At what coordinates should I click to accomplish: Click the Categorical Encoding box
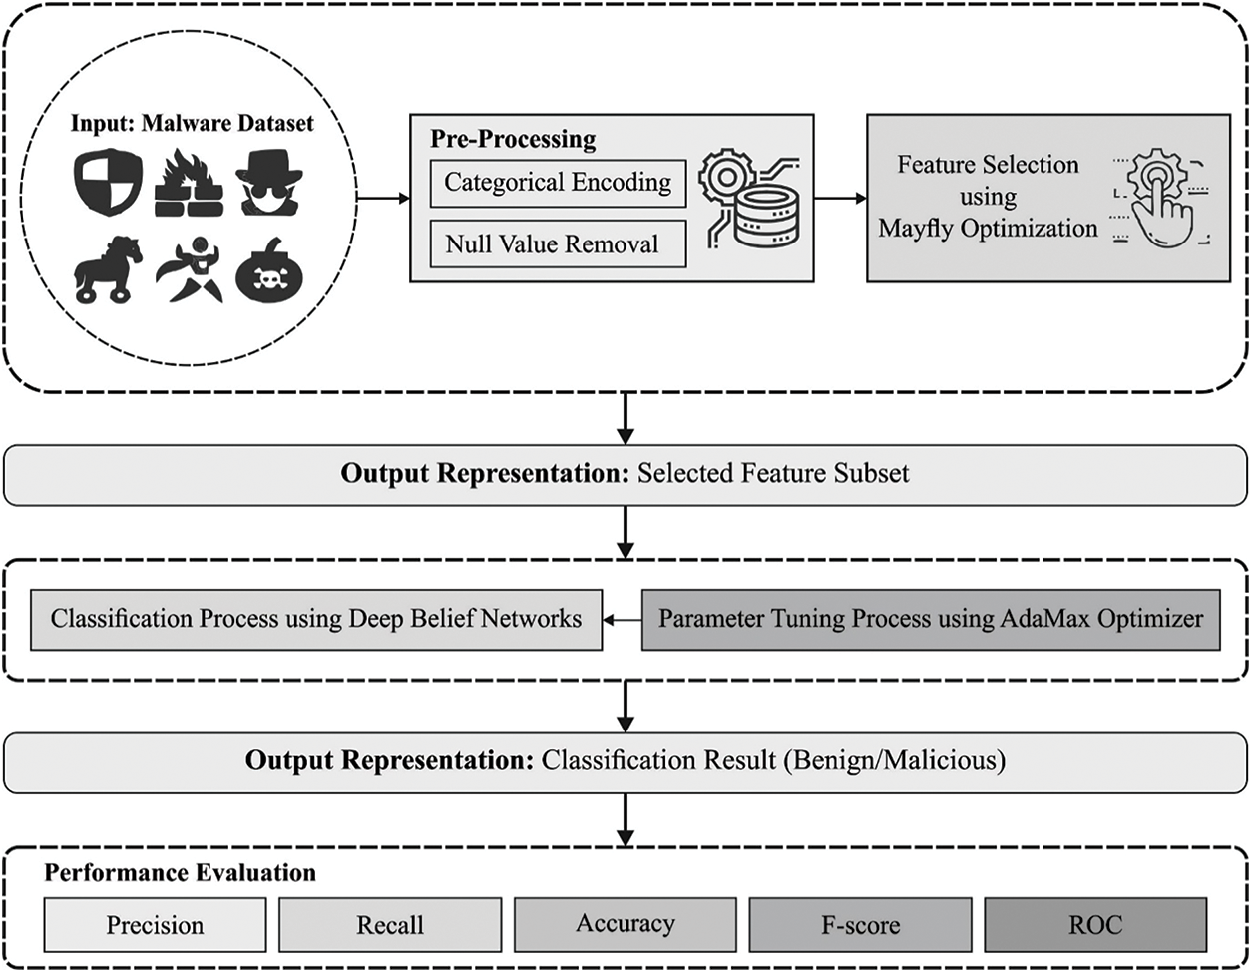(x=558, y=183)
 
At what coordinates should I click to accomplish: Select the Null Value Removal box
(x=558, y=244)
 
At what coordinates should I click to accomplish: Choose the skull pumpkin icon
(x=267, y=272)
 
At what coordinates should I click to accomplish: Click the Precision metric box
(x=155, y=925)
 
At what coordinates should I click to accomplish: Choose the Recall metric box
(x=390, y=925)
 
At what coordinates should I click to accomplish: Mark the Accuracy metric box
(x=626, y=924)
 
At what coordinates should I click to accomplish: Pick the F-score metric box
(x=860, y=925)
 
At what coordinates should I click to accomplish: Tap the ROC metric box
(x=1095, y=925)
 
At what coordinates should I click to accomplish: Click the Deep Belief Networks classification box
(x=316, y=619)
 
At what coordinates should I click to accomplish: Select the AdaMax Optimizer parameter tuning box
(x=931, y=619)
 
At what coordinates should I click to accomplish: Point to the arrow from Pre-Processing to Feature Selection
(x=840, y=198)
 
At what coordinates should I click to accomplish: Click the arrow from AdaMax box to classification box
(x=622, y=620)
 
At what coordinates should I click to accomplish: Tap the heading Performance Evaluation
(x=180, y=873)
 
